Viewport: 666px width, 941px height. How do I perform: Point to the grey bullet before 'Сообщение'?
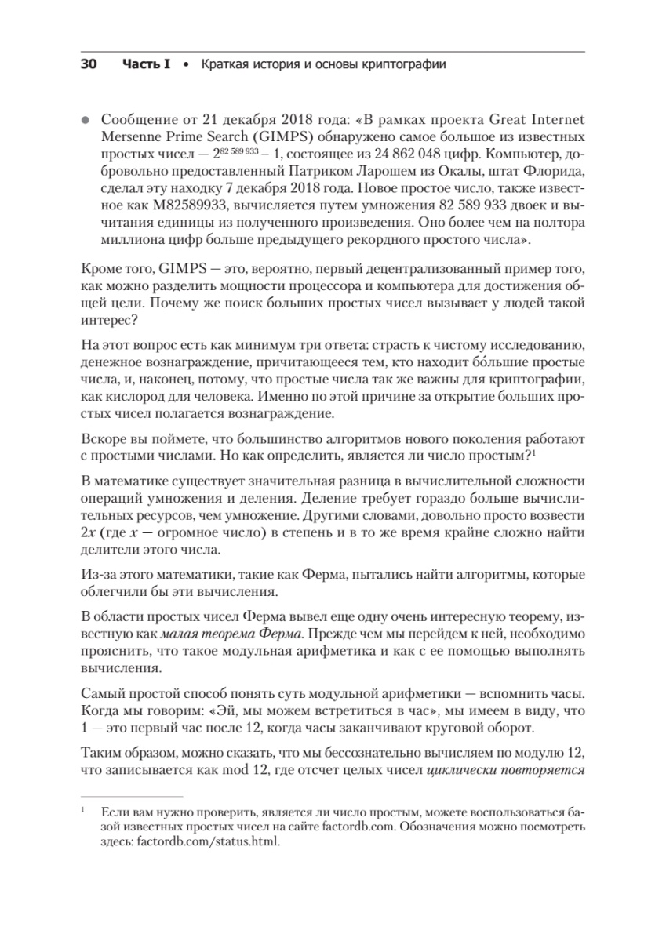click(x=86, y=120)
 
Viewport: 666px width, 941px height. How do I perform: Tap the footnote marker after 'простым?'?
click(x=533, y=451)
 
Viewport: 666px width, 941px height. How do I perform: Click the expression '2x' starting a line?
click(x=89, y=535)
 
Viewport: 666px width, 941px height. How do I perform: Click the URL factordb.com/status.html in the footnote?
click(x=208, y=842)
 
